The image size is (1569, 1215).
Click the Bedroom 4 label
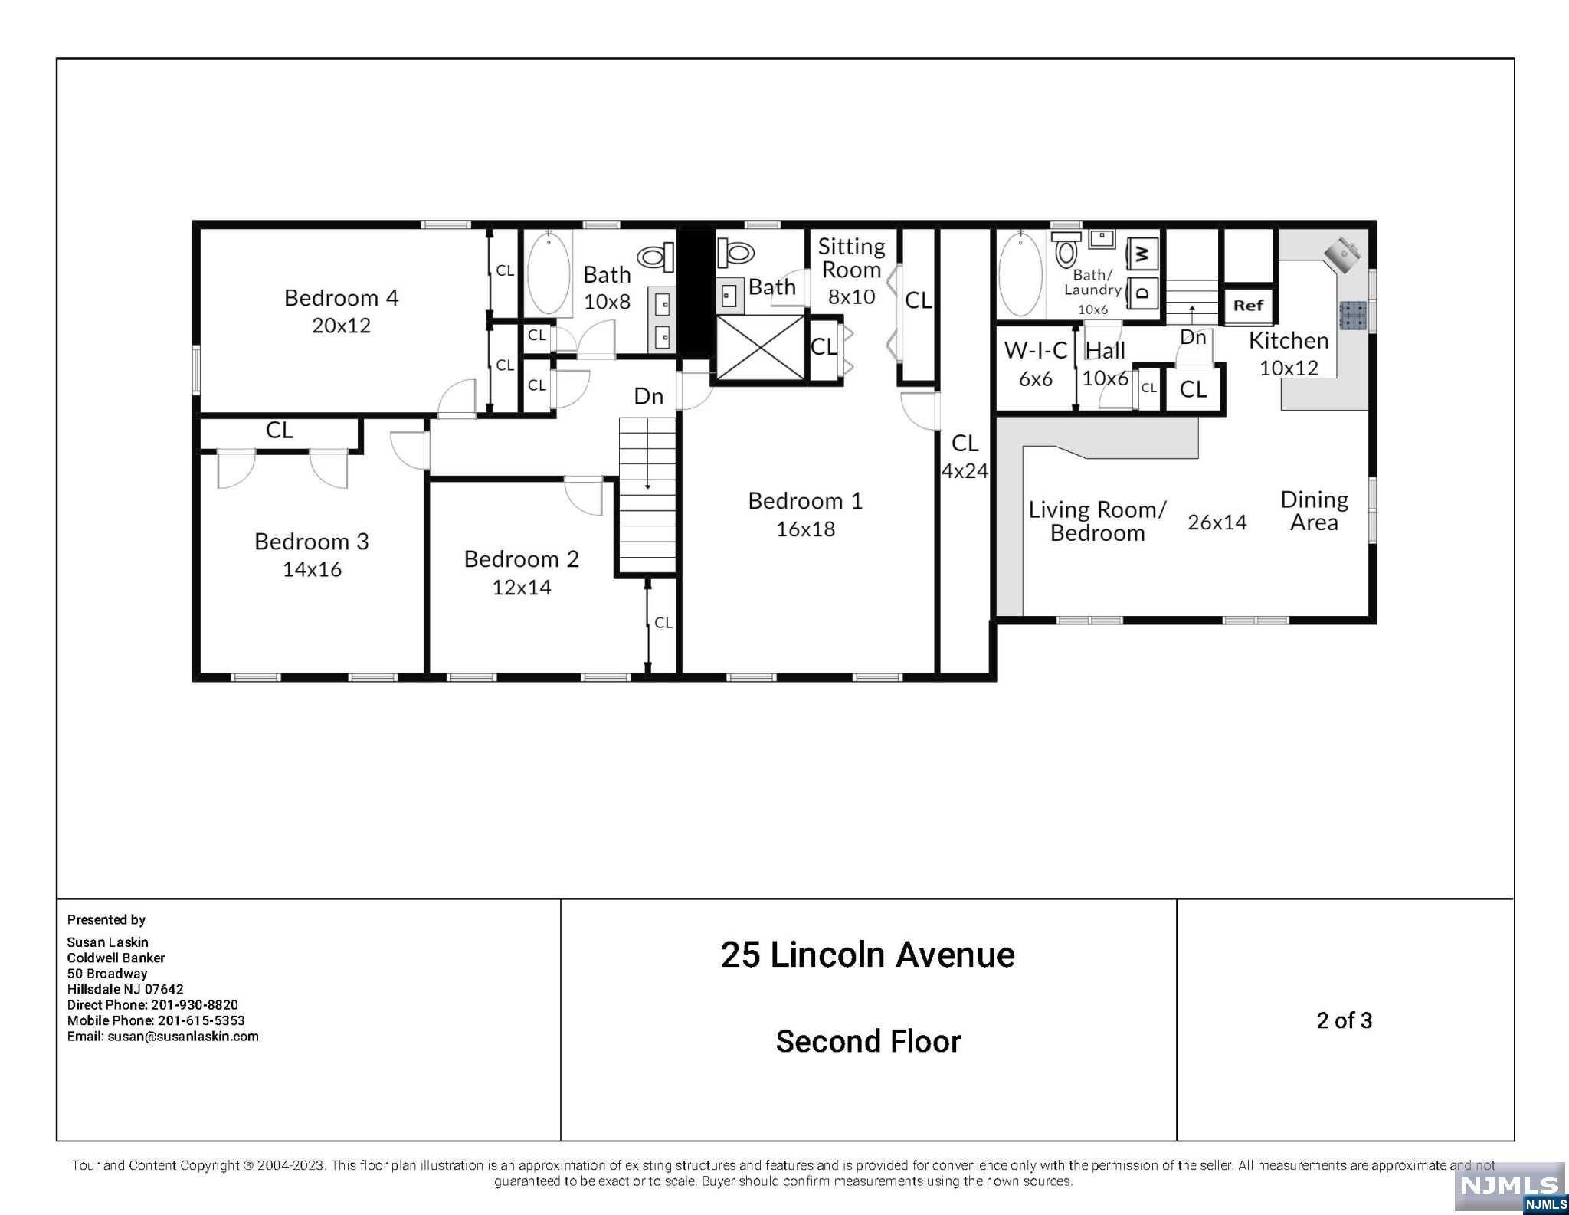coord(341,297)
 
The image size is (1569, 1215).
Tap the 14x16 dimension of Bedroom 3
coord(312,569)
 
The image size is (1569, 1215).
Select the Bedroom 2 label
coord(521,559)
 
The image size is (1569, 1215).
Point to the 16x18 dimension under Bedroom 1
coord(805,529)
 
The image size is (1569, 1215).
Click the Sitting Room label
coord(851,258)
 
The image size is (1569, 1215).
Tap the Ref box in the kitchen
coord(1248,305)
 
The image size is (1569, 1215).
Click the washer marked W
coord(1142,252)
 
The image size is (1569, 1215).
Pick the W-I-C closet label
coord(1035,350)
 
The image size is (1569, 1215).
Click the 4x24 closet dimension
coord(965,471)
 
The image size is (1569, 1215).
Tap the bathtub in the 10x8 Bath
coord(549,273)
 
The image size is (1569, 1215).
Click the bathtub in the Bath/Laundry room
coord(1021,273)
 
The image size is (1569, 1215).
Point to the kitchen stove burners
coord(1352,315)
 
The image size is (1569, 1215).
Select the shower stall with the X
coord(760,348)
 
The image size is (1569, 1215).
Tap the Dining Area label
coord(1314,511)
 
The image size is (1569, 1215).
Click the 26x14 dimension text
coord(1217,522)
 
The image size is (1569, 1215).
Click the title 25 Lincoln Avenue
coord(867,955)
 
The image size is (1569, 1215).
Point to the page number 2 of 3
coord(1344,1020)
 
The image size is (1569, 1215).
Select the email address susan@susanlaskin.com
coord(182,1037)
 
